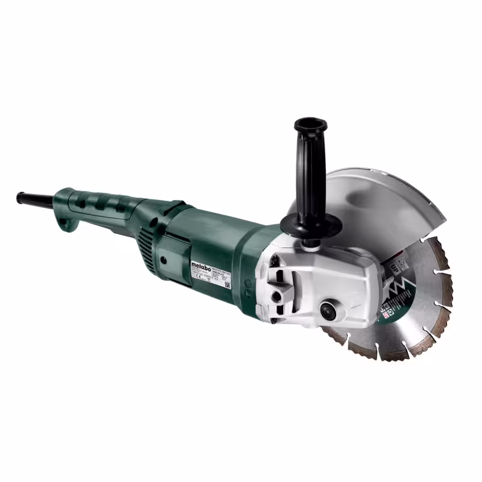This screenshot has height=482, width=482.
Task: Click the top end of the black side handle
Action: point(310,125)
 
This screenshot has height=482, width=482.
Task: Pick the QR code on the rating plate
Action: point(228,283)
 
